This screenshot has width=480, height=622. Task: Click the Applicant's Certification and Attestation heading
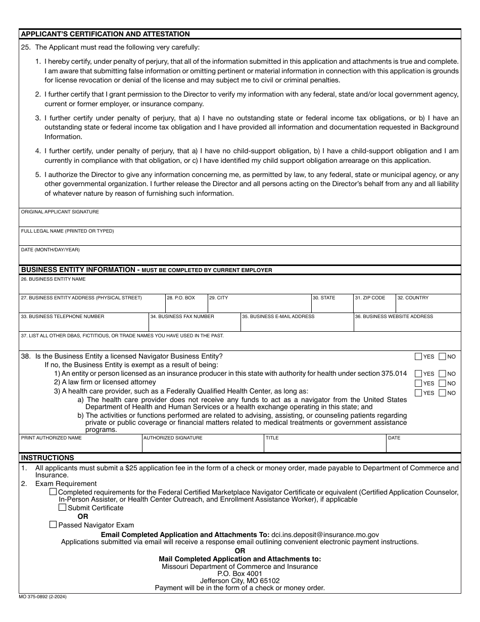pyautogui.click(x=105, y=34)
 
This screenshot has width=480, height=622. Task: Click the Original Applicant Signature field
pyautogui.click(x=240, y=219)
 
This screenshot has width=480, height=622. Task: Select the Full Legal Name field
pyautogui.click(x=240, y=238)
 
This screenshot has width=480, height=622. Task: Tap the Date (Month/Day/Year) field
pyautogui.click(x=240, y=256)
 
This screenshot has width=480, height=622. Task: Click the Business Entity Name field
pyautogui.click(x=240, y=286)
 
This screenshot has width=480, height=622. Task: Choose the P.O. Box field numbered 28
pyautogui.click(x=186, y=305)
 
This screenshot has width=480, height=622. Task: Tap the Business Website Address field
pyautogui.click(x=407, y=324)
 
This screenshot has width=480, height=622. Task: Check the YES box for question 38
pyautogui.click(x=418, y=357)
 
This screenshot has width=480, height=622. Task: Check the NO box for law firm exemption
pyautogui.click(x=443, y=383)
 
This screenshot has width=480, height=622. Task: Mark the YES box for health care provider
pyautogui.click(x=418, y=393)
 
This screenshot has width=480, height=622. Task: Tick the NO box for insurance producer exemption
pyautogui.click(x=443, y=374)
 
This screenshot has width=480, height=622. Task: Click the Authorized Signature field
pyautogui.click(x=203, y=446)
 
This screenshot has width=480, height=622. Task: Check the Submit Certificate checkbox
pyautogui.click(x=63, y=507)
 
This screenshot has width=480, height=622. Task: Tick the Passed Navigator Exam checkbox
pyautogui.click(x=53, y=525)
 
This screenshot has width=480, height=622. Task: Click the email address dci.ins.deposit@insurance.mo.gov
pyautogui.click(x=325, y=535)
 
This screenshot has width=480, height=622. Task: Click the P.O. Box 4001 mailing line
pyautogui.click(x=239, y=573)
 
